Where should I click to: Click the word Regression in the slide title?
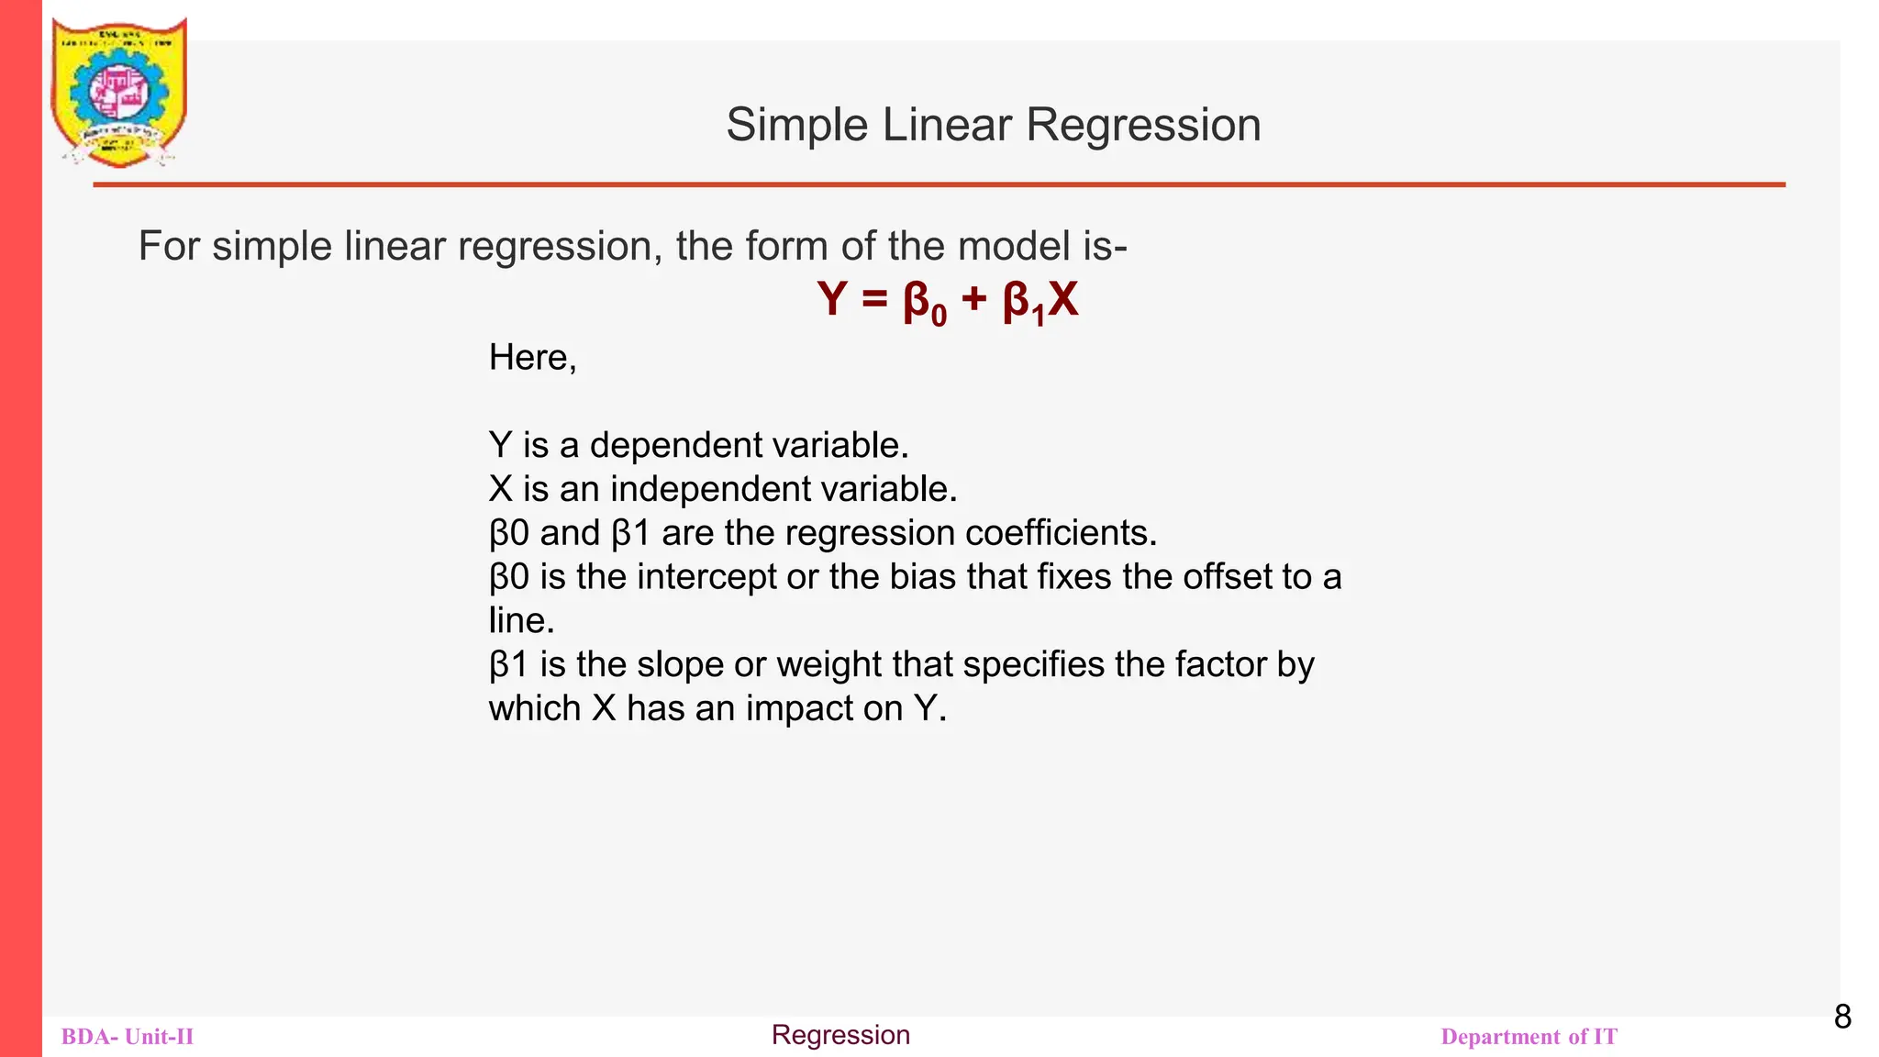pos(1143,125)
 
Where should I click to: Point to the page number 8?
pos(1842,1017)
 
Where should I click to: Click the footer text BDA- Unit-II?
pos(128,1037)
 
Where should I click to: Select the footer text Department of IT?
pos(1529,1037)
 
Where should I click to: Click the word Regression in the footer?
pos(840,1035)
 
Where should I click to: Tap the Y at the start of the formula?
pos(831,300)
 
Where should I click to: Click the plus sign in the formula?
pos(973,300)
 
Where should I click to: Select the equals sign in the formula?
pos(874,301)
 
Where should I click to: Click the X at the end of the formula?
pos(1062,299)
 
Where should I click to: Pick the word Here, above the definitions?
pos(532,358)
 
